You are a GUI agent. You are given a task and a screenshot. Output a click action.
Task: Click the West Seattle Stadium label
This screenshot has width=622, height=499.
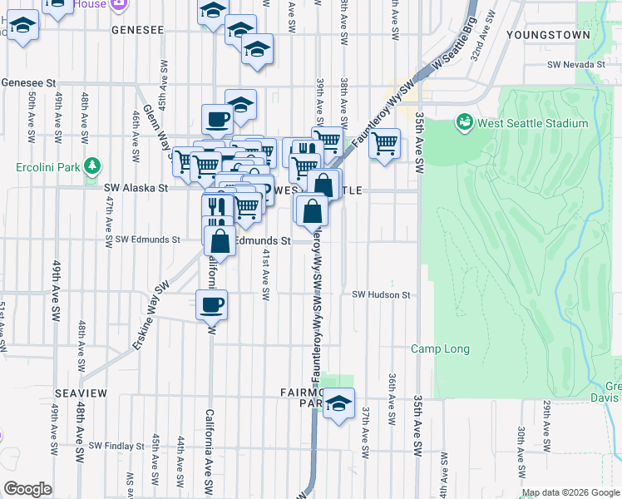coord(531,124)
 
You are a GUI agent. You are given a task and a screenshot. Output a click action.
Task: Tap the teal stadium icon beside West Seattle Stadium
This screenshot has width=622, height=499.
coord(464,124)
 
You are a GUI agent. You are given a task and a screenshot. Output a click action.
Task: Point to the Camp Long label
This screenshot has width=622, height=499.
coord(440,349)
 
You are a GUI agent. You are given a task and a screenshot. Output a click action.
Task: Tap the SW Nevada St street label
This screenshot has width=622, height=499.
coord(575,65)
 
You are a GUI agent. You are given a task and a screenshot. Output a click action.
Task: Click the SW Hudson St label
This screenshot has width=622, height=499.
coord(381,294)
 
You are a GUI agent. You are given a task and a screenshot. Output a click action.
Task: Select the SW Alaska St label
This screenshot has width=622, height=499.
coord(136,189)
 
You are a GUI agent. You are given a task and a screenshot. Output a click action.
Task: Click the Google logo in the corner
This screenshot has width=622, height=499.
coord(27,489)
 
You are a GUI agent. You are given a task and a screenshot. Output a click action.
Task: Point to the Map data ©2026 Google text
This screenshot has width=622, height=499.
coord(570,492)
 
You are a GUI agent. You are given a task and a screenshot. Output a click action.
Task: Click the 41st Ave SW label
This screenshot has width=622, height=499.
coord(267,274)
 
